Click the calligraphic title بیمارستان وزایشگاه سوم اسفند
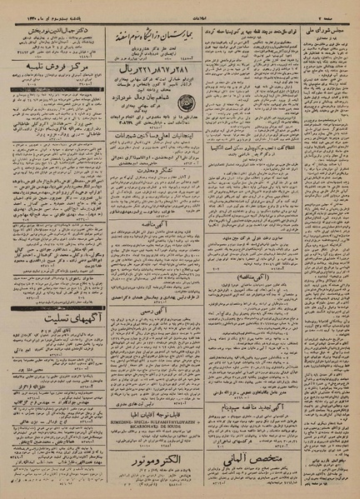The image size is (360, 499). tap(171, 33)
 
